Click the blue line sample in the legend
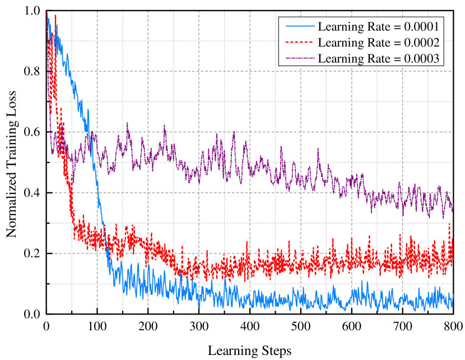[299, 26]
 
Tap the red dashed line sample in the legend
[299, 42]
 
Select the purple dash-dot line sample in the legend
[299, 58]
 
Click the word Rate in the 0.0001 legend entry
[375, 26]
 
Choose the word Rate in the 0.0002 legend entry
[375, 42]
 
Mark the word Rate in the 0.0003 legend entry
[375, 58]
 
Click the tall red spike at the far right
[450, 224]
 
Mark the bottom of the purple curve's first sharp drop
[53, 153]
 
